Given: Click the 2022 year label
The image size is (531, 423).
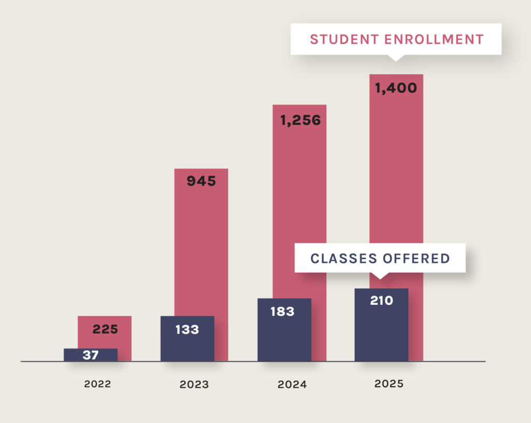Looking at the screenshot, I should [x=97, y=385].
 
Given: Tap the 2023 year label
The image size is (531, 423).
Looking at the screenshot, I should [x=194, y=385].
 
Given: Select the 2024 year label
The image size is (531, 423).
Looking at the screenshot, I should [x=292, y=385].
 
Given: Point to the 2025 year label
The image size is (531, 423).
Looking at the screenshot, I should [x=388, y=385].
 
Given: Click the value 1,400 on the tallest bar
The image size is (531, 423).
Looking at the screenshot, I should [x=396, y=88].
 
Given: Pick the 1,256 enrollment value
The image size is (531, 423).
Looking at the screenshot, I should [x=300, y=120].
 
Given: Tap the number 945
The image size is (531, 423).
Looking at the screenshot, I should [x=201, y=181].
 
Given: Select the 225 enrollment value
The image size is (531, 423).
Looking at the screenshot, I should [x=105, y=329].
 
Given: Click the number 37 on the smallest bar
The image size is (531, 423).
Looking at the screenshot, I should [x=91, y=356].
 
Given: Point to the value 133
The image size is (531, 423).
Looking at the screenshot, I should [x=187, y=329].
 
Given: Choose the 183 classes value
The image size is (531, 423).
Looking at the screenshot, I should [x=283, y=312].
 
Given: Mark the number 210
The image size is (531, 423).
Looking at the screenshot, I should [x=381, y=301].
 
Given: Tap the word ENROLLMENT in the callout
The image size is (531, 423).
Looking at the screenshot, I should [x=432, y=39].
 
